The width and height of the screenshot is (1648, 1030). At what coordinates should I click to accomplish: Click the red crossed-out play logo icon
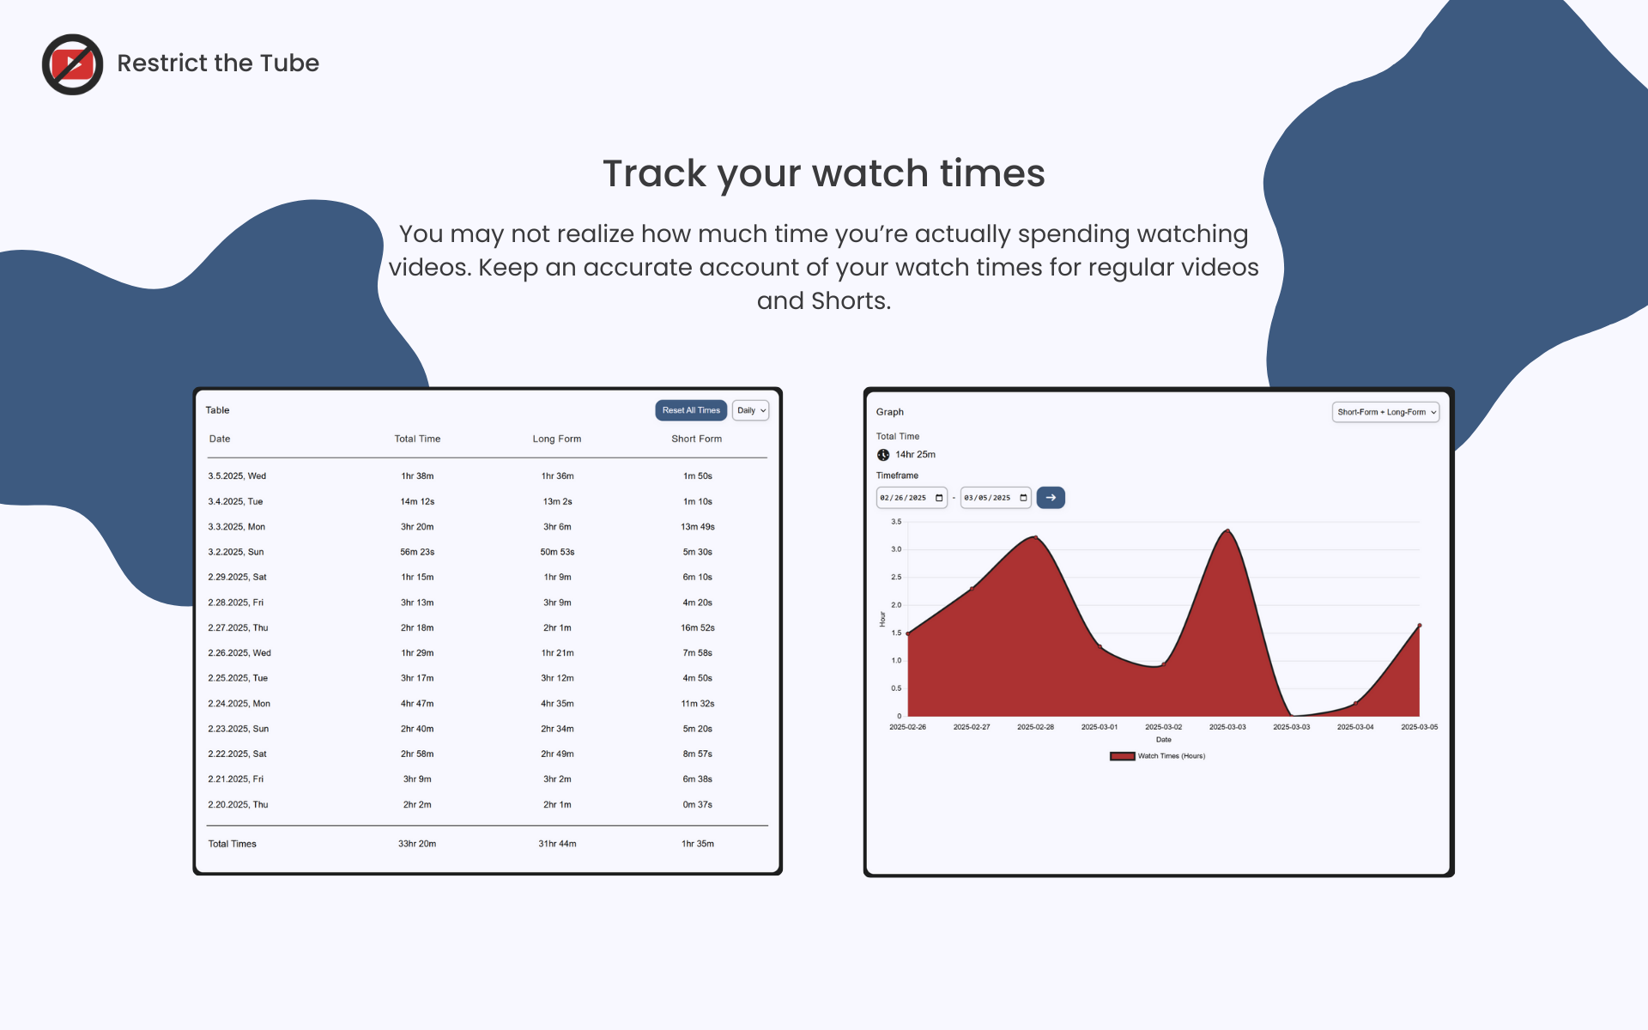73,64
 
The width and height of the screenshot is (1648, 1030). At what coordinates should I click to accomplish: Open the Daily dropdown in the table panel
750,410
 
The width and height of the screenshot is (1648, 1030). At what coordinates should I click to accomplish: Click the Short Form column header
696,439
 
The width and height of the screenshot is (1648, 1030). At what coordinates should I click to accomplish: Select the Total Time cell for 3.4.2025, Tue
417,501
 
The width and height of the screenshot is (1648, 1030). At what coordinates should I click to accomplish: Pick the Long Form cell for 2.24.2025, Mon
557,704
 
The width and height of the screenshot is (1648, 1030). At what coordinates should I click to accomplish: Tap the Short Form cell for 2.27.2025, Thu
697,628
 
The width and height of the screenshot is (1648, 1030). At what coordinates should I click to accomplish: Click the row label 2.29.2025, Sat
237,578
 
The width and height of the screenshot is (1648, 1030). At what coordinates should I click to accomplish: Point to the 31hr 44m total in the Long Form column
557,844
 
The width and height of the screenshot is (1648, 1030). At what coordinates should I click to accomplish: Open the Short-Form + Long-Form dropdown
1385,412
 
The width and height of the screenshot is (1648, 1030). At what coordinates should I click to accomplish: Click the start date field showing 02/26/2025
911,498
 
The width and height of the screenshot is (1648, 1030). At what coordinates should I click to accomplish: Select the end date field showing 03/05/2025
995,498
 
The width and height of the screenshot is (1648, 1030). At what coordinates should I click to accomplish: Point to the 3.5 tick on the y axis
896,522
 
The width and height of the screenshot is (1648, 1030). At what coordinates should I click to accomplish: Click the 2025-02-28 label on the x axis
1035,727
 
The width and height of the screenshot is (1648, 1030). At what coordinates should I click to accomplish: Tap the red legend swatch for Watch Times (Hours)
1122,756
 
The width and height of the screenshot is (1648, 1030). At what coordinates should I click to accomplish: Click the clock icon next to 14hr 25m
883,455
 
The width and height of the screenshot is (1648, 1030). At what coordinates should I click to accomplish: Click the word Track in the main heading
655,173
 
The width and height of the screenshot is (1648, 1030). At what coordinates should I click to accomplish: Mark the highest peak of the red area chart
1228,530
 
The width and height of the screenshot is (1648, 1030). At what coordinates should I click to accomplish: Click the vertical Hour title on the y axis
882,619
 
